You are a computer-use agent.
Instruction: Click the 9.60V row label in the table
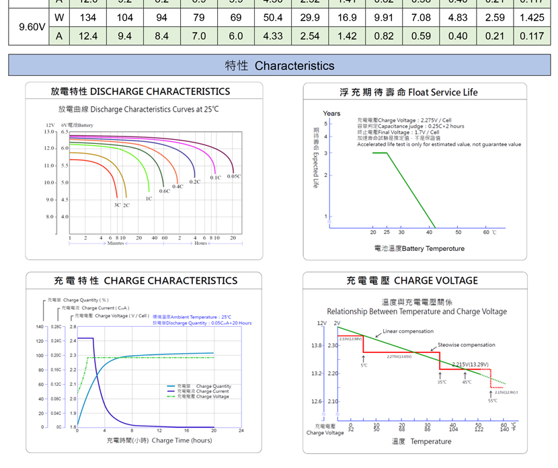(x=32, y=27)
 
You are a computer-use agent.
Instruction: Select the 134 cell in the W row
(x=88, y=17)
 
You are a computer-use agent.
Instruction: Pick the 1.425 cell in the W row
(x=532, y=17)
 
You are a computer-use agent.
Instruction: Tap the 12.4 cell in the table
(x=88, y=36)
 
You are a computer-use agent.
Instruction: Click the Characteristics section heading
(x=279, y=65)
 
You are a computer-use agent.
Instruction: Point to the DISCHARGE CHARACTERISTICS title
(x=141, y=91)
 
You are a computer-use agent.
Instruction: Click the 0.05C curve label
(x=234, y=176)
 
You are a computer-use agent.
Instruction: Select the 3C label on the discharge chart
(x=117, y=204)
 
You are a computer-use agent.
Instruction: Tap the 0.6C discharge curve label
(x=164, y=191)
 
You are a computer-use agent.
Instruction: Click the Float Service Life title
(x=409, y=92)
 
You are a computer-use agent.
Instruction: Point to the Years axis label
(x=331, y=113)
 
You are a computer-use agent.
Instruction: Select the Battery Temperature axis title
(x=419, y=249)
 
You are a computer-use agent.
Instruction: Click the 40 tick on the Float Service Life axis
(x=430, y=232)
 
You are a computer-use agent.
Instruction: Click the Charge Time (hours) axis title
(x=159, y=440)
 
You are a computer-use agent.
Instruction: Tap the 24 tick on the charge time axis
(x=241, y=430)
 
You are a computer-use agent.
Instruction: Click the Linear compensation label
(x=408, y=331)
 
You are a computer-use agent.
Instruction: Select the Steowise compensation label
(x=467, y=345)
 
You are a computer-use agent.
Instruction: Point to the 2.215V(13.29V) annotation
(x=470, y=364)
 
